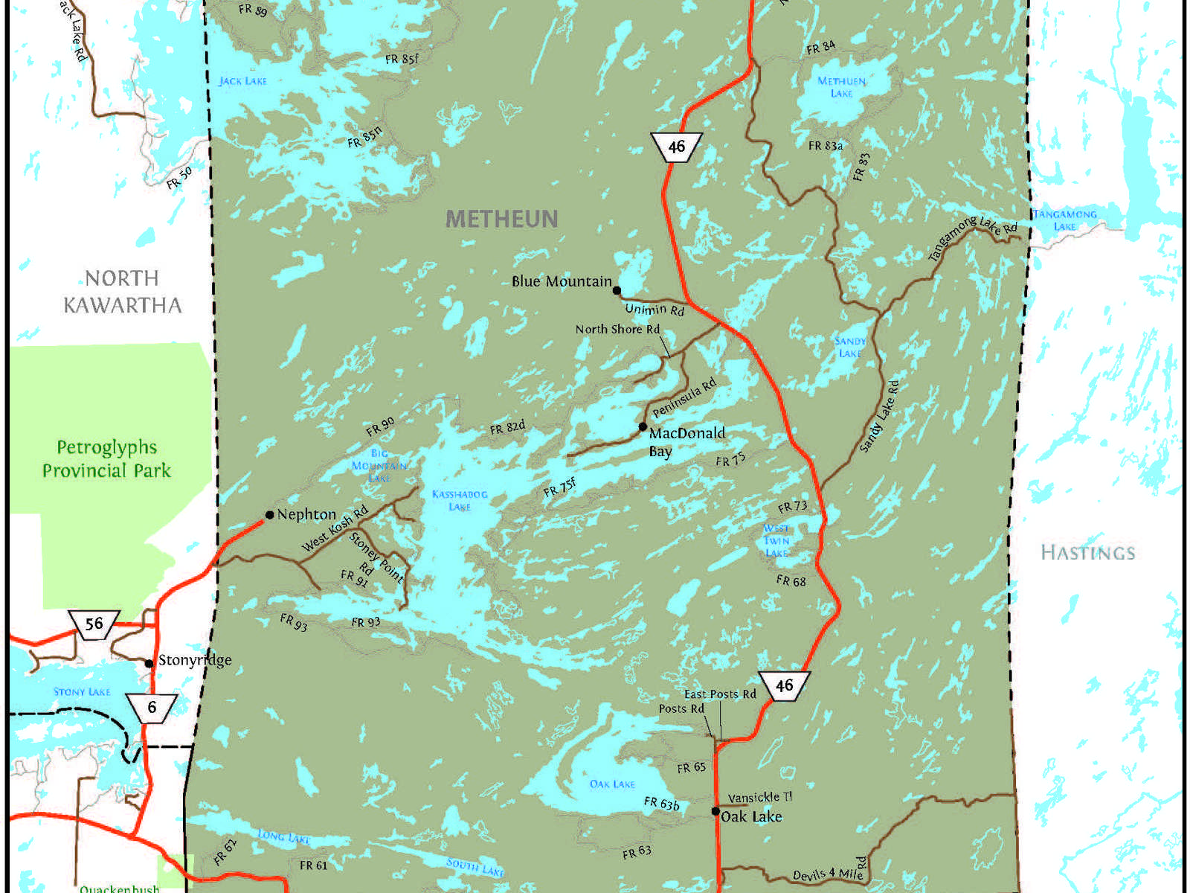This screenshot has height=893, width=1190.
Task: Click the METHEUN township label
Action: (501, 219)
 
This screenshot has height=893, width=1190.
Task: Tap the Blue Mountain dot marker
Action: (617, 291)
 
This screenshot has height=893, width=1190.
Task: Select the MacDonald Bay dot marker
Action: (643, 426)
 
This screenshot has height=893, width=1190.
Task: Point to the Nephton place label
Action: (306, 514)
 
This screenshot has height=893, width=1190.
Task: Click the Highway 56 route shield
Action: (94, 624)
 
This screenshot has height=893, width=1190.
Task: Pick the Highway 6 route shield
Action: (152, 707)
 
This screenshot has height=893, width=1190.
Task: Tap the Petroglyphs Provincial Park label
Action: (106, 459)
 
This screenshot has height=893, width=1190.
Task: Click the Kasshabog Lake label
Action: (460, 500)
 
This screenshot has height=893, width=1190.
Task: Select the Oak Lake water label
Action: (612, 784)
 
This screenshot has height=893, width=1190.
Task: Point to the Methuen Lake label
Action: (841, 87)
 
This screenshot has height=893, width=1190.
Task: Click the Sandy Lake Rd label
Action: (879, 417)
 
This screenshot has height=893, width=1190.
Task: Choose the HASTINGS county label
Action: (1087, 553)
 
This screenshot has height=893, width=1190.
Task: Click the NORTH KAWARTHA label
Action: (122, 292)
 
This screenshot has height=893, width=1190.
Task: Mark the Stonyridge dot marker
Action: (149, 663)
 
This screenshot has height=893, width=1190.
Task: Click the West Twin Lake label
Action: (776, 541)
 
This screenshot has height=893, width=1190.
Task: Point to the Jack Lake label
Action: (242, 81)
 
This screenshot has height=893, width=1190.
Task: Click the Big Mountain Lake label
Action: (379, 466)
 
